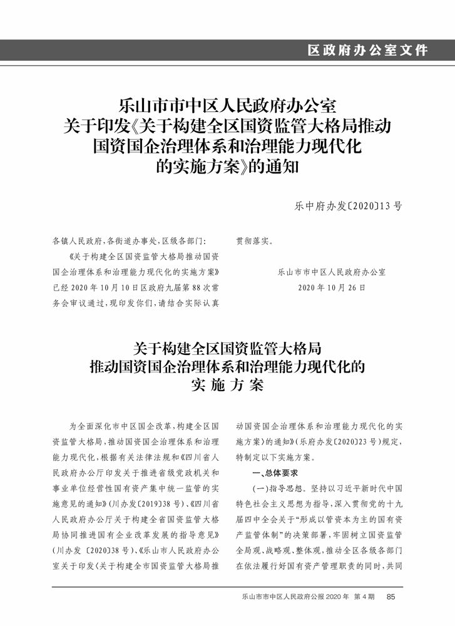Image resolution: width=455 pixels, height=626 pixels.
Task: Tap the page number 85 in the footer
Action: (391, 597)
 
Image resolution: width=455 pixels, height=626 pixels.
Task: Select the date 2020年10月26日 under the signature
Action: (331, 287)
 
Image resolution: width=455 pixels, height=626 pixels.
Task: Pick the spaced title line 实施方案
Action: (227, 384)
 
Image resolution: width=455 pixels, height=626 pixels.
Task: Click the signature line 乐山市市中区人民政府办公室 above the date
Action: (331, 272)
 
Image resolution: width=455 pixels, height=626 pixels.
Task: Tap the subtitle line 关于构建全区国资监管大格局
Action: (228, 346)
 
